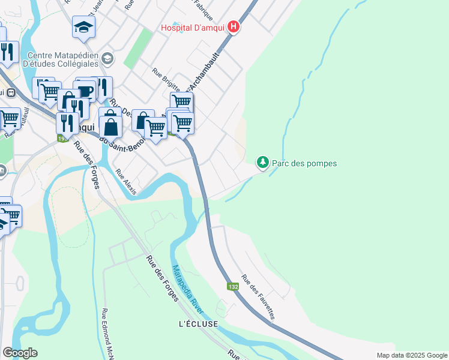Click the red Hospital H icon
coord(234,28)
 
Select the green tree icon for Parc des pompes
coord(262,162)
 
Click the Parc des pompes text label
coord(304,163)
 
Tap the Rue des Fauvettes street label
coord(259,296)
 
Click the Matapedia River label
coord(188,289)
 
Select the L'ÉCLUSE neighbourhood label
coord(198,324)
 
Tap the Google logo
coord(20,353)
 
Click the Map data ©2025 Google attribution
coord(411,355)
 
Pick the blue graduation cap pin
coord(83,26)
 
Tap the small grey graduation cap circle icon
coord(107,58)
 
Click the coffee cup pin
coord(85,91)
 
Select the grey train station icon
coord(10,92)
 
